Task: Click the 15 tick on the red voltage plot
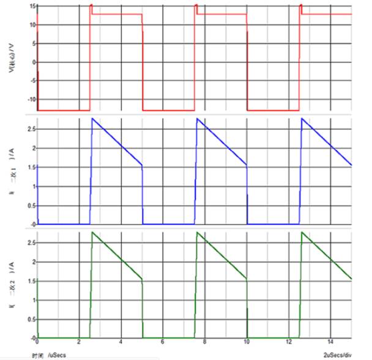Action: [x=31, y=6]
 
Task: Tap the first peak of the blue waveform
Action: [x=92, y=118]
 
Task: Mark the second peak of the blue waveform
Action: [x=197, y=118]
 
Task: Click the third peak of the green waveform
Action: [x=302, y=232]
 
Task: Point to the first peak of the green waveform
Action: [x=92, y=232]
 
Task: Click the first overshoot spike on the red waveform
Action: [x=91, y=6]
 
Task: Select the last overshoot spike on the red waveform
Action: [x=301, y=6]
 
